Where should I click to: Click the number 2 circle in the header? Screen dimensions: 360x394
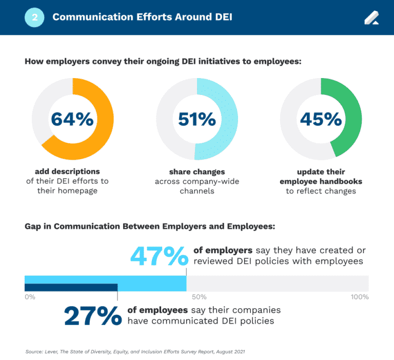[x=34, y=17]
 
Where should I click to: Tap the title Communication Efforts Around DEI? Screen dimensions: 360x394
[x=142, y=17]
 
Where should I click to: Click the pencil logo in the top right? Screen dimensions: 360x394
[x=371, y=17]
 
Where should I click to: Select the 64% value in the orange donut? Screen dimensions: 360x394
[x=72, y=119]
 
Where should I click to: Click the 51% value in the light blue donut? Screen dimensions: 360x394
[x=196, y=119]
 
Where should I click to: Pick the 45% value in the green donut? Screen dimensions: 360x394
[x=321, y=119]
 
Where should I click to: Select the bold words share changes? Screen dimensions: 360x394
[x=197, y=172]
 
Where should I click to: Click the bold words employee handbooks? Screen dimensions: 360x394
[x=321, y=181]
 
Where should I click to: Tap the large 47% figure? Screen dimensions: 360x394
[x=159, y=256]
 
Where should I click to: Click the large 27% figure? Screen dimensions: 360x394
[x=93, y=316]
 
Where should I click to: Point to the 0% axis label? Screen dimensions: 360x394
[x=30, y=297]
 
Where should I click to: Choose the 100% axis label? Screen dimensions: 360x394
[x=359, y=297]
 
